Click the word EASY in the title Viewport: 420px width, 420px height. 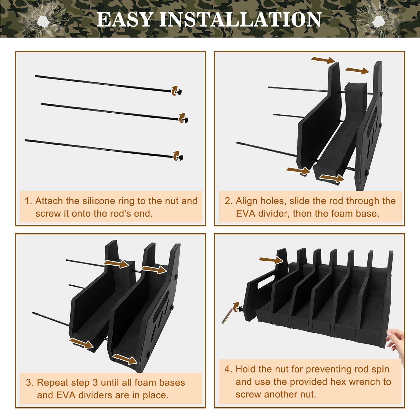pyautogui.click(x=125, y=19)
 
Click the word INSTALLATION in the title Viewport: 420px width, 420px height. pyautogui.click(x=240, y=19)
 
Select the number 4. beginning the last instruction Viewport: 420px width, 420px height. pyautogui.click(x=228, y=369)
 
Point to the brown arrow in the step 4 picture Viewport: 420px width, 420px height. pyautogui.click(x=270, y=260)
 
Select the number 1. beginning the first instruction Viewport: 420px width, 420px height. pyautogui.click(x=28, y=201)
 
